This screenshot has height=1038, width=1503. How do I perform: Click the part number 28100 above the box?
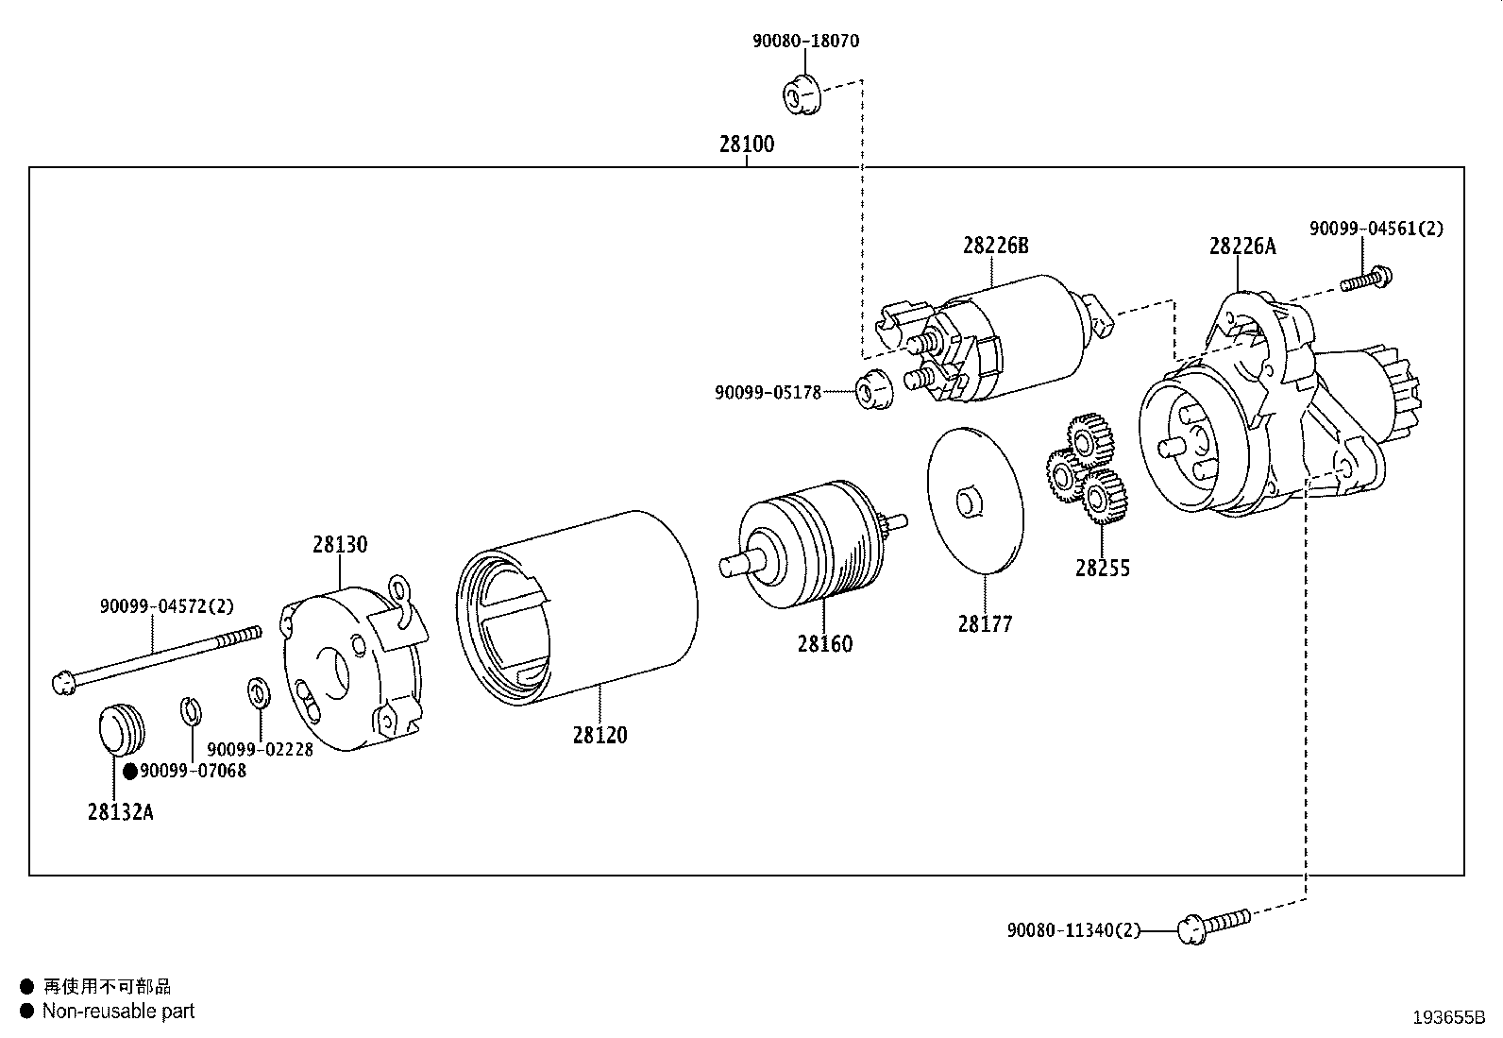coord(746,145)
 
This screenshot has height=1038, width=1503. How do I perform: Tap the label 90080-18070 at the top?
coord(805,42)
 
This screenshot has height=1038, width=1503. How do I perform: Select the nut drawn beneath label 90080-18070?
coord(799,94)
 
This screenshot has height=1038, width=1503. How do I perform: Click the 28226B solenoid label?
coord(995,246)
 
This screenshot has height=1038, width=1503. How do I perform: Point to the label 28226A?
coord(1241,247)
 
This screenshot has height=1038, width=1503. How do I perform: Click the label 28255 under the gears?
coord(1102,569)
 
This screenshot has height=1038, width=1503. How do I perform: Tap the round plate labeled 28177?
coord(975,501)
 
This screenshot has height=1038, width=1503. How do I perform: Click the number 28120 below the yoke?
coord(600,735)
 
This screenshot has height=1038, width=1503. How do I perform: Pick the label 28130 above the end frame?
coord(340,545)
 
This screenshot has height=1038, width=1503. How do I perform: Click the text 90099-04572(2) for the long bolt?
coord(166,606)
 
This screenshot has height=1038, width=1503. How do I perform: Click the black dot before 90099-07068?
coord(130,772)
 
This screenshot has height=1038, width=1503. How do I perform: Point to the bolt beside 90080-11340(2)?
coord(1214,924)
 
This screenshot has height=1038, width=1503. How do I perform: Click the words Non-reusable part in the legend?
coord(118,1011)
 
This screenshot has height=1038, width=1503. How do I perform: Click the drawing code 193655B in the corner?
coord(1449,1017)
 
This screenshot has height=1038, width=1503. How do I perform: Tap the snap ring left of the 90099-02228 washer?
coord(189,710)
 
